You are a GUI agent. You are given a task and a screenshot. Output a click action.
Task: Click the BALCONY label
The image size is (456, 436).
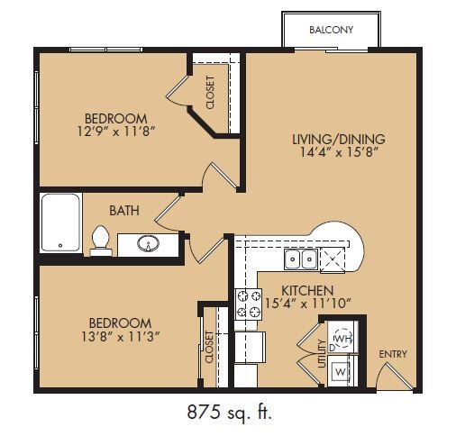pos(331,30)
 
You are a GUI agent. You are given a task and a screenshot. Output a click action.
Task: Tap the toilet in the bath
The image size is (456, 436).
pos(101,241)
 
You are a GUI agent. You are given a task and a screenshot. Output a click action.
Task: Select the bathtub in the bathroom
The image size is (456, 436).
pos(61,223)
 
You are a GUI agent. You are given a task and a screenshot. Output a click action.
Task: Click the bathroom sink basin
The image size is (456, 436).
pos(148,243)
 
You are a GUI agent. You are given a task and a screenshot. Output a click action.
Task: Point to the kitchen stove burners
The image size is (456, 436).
pos(248,304)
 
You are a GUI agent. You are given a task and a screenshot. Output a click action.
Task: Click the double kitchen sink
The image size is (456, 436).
pos(301,259)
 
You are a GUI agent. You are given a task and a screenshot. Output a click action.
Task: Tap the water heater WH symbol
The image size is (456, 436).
pos(342,339)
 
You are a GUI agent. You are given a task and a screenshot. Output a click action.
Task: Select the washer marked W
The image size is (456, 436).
pos(340,372)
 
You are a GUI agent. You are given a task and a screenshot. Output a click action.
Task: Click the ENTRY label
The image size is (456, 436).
pos(393,354)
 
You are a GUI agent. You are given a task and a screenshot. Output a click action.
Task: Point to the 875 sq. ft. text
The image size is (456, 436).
pos(230,412)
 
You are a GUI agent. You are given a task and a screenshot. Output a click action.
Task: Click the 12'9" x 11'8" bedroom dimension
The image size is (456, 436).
pos(116,132)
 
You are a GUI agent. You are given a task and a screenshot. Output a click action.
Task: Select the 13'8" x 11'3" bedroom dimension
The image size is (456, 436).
pos(120,337)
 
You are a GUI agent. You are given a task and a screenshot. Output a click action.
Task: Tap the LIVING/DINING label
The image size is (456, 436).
pos(339,139)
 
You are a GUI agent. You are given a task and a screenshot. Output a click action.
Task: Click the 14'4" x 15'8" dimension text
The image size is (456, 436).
pos(339,152)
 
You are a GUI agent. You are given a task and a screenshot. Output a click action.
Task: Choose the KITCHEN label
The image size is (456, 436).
pos(307,291)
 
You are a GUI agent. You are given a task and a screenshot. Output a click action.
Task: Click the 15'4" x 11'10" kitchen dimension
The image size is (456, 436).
pos(308,304)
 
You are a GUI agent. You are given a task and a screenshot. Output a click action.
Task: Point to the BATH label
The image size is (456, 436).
pos(124,211)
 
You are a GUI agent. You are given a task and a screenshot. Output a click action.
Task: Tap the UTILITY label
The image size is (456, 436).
pos(322,354)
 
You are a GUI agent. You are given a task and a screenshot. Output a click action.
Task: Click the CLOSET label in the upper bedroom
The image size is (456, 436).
pos(210,93)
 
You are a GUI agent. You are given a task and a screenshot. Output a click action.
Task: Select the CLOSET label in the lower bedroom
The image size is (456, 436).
pos(209,347)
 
